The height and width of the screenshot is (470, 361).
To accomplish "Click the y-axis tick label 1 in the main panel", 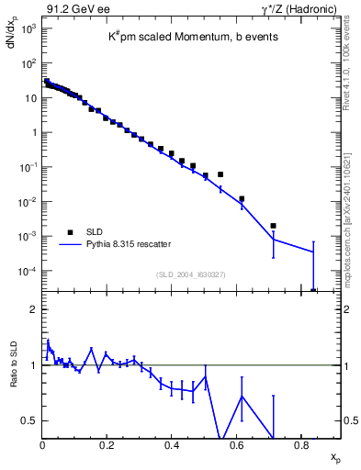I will tap(33, 132).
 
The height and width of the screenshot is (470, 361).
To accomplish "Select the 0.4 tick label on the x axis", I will tap(172, 446).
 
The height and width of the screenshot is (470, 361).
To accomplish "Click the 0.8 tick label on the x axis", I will tap(301, 446).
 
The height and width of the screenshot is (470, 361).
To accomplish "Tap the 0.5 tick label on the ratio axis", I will tap(29, 420).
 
